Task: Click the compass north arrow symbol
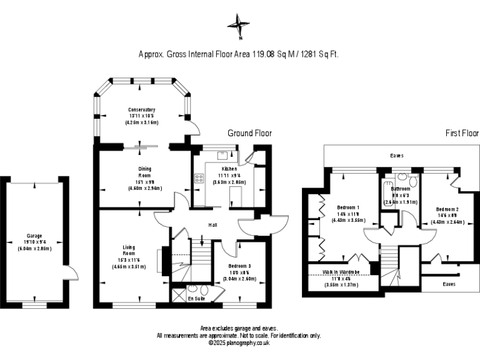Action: pos(238,26)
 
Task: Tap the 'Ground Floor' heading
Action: pos(249,133)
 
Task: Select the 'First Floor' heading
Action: pos(461,133)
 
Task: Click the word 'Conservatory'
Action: pos(142,110)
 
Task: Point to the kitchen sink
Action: pos(222,156)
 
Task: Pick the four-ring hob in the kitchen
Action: pos(199,178)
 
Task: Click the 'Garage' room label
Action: pos(34,236)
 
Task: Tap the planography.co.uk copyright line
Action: pos(239,342)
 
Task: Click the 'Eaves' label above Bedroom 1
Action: pos(396,156)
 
